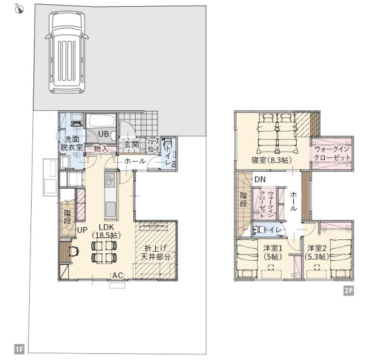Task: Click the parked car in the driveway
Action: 67,52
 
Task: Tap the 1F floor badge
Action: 19,349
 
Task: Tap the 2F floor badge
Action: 349,291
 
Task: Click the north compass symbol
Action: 19,9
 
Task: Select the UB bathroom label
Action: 103,134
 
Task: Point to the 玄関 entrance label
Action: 131,144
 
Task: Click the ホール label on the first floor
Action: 135,161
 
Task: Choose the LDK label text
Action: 106,227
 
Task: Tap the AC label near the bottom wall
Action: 117,275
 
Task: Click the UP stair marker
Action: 82,230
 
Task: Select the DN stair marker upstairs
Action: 260,179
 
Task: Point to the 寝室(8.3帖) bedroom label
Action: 271,160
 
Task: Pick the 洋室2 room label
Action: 316,248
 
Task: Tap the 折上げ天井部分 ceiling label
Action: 156,252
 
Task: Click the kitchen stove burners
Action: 109,180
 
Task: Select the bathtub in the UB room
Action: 101,121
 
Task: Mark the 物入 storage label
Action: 101,149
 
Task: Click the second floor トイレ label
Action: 273,230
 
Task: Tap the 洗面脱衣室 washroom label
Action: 71,143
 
